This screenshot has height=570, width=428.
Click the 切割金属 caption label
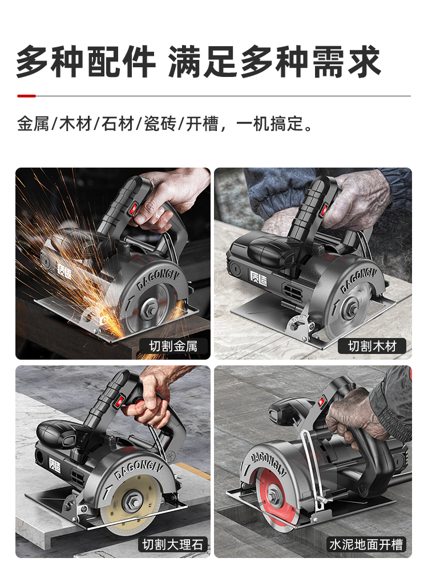point(173,346)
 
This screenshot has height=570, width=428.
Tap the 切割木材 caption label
point(372,346)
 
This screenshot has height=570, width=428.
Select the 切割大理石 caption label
point(173,544)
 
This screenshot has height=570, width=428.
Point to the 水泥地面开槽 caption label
point(366,544)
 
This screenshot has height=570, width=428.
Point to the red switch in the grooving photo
point(321,401)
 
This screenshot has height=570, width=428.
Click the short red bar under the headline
point(27,96)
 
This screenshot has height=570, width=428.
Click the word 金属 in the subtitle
point(33,124)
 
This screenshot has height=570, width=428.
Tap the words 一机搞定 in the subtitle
point(270,124)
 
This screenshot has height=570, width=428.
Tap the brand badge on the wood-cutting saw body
point(259,278)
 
